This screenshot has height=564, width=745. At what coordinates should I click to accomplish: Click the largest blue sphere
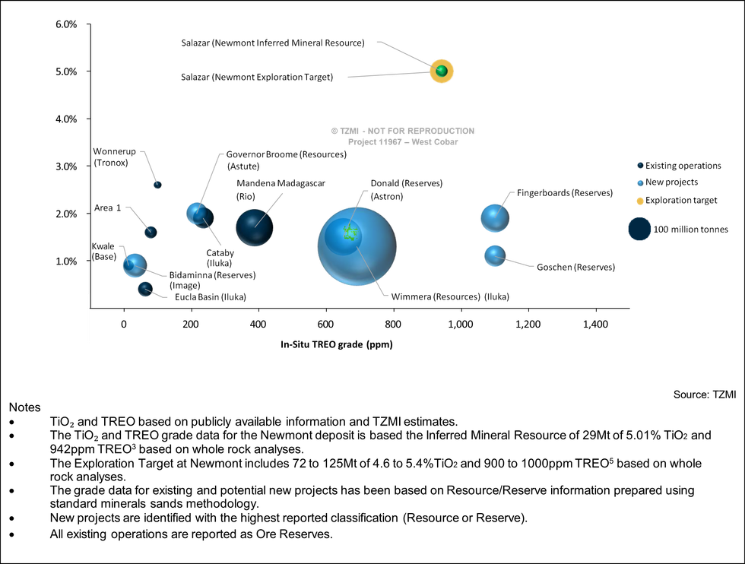(356, 247)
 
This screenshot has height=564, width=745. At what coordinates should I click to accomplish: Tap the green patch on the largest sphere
(350, 233)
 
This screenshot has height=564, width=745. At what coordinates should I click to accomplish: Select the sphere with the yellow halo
(442, 71)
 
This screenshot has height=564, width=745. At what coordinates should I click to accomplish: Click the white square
(62, 318)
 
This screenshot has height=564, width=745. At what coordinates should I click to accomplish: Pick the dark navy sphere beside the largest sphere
(254, 227)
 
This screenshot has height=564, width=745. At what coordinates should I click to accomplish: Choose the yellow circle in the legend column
(640, 201)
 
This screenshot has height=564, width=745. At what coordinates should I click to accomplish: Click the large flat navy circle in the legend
(639, 229)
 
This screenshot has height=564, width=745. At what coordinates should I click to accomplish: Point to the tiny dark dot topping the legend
(640, 165)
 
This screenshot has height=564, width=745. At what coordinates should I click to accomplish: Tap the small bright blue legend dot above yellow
(640, 183)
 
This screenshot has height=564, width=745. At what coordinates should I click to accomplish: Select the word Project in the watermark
(362, 142)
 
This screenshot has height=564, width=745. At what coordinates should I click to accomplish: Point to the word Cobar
(446, 142)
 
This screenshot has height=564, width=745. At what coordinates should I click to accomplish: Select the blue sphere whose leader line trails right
(494, 255)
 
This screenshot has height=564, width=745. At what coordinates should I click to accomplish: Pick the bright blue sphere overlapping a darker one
(197, 212)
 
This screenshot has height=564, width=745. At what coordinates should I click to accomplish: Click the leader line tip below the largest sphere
(387, 295)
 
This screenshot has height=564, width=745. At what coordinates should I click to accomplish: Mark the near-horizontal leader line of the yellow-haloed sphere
(388, 74)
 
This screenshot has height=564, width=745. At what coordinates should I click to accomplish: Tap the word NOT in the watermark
(378, 131)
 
